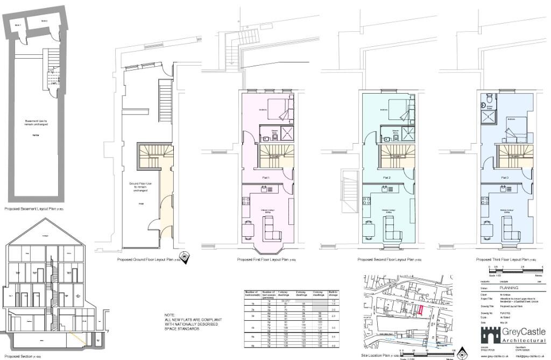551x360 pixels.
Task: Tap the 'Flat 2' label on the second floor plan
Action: [x=386, y=177]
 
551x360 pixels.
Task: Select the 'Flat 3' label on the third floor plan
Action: [x=504, y=177]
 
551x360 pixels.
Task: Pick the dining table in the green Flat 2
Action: [x=369, y=229]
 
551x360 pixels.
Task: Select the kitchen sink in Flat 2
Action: [x=384, y=188]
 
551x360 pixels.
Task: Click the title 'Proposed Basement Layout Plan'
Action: [x=31, y=208]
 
